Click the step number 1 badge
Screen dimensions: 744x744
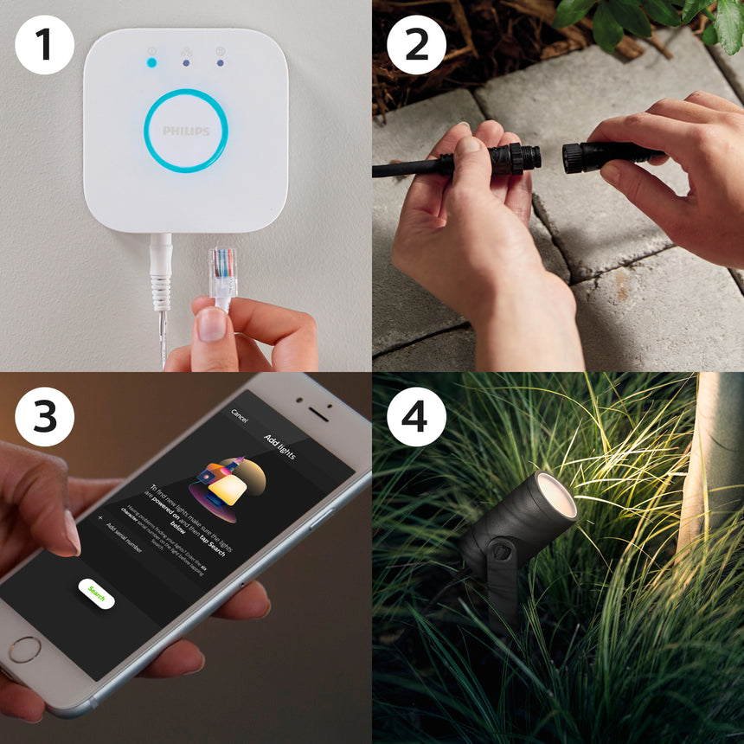(44, 44)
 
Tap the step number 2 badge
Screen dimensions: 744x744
(416, 44)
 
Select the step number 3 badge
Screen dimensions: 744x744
(44, 416)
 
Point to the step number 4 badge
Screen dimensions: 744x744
(416, 416)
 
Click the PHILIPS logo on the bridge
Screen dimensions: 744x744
(186, 131)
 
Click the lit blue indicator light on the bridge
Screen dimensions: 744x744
(152, 62)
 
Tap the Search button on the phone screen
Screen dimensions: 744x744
(96, 594)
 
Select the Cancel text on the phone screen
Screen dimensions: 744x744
(239, 417)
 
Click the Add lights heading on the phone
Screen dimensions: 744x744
(279, 446)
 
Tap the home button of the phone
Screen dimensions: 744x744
(25, 649)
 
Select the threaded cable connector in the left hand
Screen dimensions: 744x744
(515, 159)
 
